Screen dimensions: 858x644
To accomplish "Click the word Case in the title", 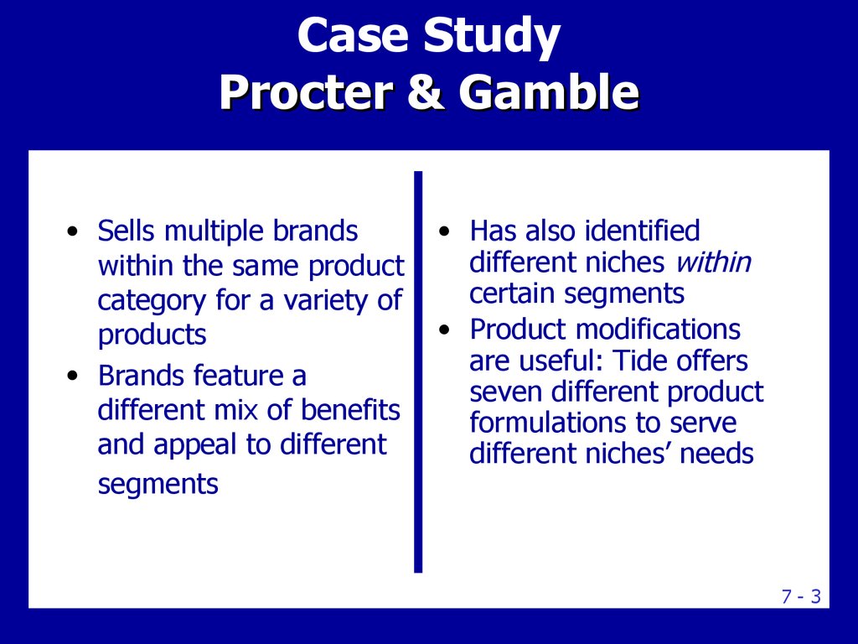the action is pyautogui.click(x=353, y=35).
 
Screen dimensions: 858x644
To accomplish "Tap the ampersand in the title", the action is pyautogui.click(x=426, y=91).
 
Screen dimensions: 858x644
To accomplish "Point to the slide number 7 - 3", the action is pyautogui.click(x=801, y=596).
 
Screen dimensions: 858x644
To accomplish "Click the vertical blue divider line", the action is pyautogui.click(x=418, y=371).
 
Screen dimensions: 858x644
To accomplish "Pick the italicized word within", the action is pyautogui.click(x=714, y=262).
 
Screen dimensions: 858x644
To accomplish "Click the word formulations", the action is pyautogui.click(x=548, y=423).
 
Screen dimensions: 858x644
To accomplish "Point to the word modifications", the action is pyautogui.click(x=658, y=330).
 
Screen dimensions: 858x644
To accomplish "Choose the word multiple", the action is pyautogui.click(x=214, y=231).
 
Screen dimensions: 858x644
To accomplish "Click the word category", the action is pyautogui.click(x=152, y=301).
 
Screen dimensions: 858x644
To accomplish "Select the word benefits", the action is pyautogui.click(x=350, y=409).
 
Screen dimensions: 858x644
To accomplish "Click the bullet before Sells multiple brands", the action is pyautogui.click(x=72, y=231).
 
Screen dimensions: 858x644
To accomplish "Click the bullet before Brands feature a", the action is pyautogui.click(x=72, y=377).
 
